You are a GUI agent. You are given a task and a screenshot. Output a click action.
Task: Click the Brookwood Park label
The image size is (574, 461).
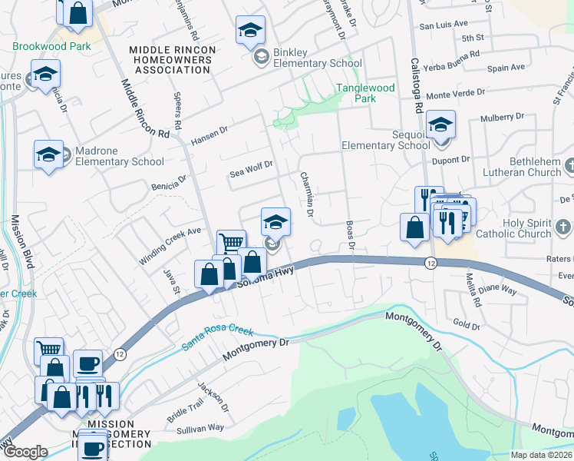click(x=51, y=46)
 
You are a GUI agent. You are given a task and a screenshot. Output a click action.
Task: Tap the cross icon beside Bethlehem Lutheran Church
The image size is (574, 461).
click(x=568, y=165)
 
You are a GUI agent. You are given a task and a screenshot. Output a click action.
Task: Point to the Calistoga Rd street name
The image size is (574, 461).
click(x=418, y=85)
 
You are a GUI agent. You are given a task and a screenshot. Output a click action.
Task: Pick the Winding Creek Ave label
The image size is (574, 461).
click(x=170, y=246)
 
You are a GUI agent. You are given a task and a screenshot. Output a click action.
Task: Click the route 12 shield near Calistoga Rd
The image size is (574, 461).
click(x=431, y=263)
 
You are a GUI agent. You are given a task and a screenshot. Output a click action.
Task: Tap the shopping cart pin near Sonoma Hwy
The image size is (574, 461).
click(x=231, y=243)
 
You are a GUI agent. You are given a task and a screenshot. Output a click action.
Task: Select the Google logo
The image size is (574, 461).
click(x=25, y=453)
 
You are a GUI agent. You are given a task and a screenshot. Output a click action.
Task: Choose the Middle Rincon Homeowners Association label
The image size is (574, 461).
click(x=170, y=59)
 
